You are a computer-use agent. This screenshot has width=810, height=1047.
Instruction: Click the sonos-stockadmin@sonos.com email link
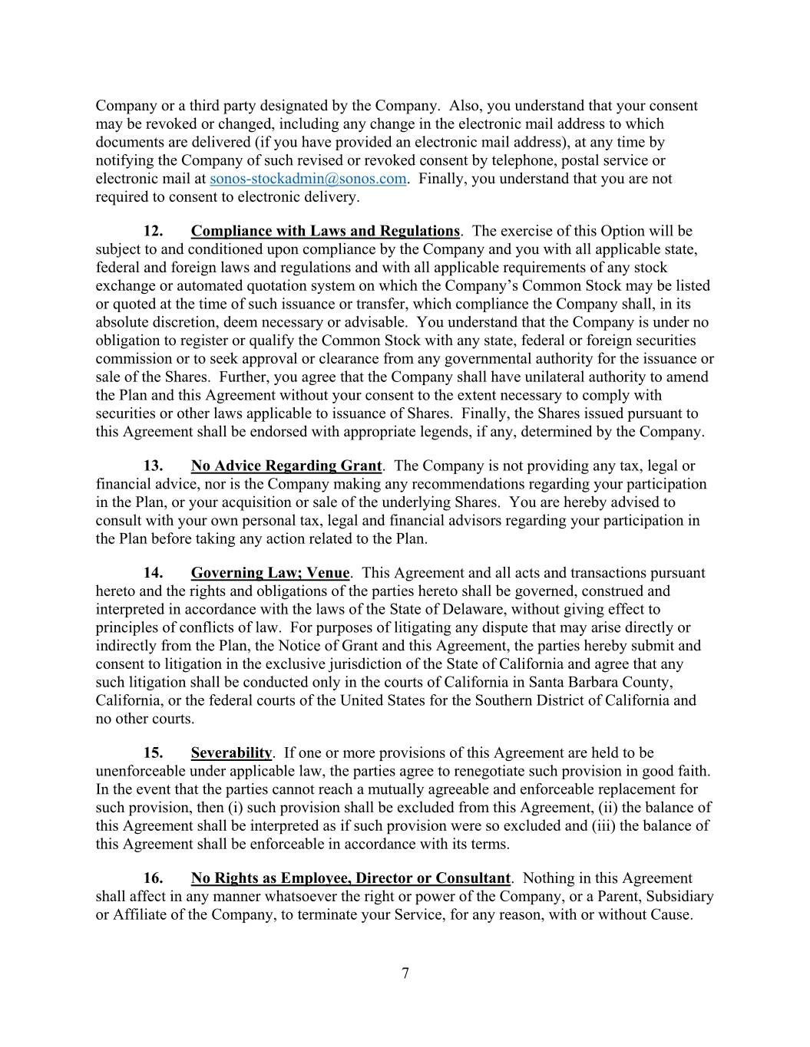tap(307, 179)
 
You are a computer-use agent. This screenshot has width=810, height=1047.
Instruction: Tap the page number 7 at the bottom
tap(405, 973)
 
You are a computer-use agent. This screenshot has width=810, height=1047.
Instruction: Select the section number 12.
tap(154, 231)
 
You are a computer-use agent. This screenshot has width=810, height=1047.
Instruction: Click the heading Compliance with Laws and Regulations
tap(325, 231)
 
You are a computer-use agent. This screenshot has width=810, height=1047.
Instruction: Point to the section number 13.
tap(154, 466)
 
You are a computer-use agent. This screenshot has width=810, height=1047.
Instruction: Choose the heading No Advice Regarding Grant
tap(286, 466)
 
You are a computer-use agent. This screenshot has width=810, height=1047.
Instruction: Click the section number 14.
tap(154, 573)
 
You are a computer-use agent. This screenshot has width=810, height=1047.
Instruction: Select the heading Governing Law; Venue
tap(269, 573)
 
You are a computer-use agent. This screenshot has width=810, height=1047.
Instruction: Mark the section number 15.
tap(154, 752)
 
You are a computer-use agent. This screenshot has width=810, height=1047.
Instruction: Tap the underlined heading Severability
tap(231, 752)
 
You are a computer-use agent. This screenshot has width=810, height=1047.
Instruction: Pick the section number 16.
tap(154, 878)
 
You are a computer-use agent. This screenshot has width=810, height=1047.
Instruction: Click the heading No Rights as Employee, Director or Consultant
tap(350, 878)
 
